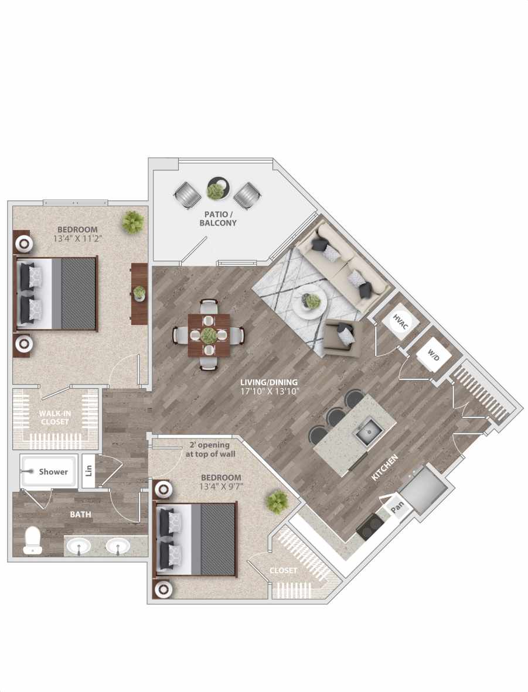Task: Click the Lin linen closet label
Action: point(89,470)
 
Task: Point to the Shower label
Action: point(53,471)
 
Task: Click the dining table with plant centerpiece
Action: point(209,335)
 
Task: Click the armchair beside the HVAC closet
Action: point(344,338)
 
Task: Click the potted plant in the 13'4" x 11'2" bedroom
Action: point(133,222)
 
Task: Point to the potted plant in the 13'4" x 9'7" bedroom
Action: point(277,502)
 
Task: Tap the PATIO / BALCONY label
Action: point(218,218)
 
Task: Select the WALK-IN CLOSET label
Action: point(54,417)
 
